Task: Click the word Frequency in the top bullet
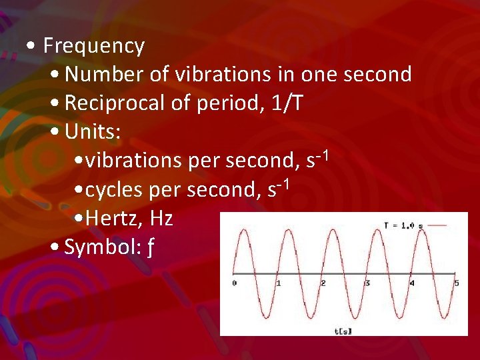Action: (94, 46)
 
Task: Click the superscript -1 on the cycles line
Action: (283, 183)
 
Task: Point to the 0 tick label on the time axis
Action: (234, 283)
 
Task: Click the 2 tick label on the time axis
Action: (323, 283)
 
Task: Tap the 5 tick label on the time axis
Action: (457, 283)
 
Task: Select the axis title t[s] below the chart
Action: (343, 330)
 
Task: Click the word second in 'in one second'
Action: (377, 75)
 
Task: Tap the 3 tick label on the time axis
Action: (367, 283)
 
